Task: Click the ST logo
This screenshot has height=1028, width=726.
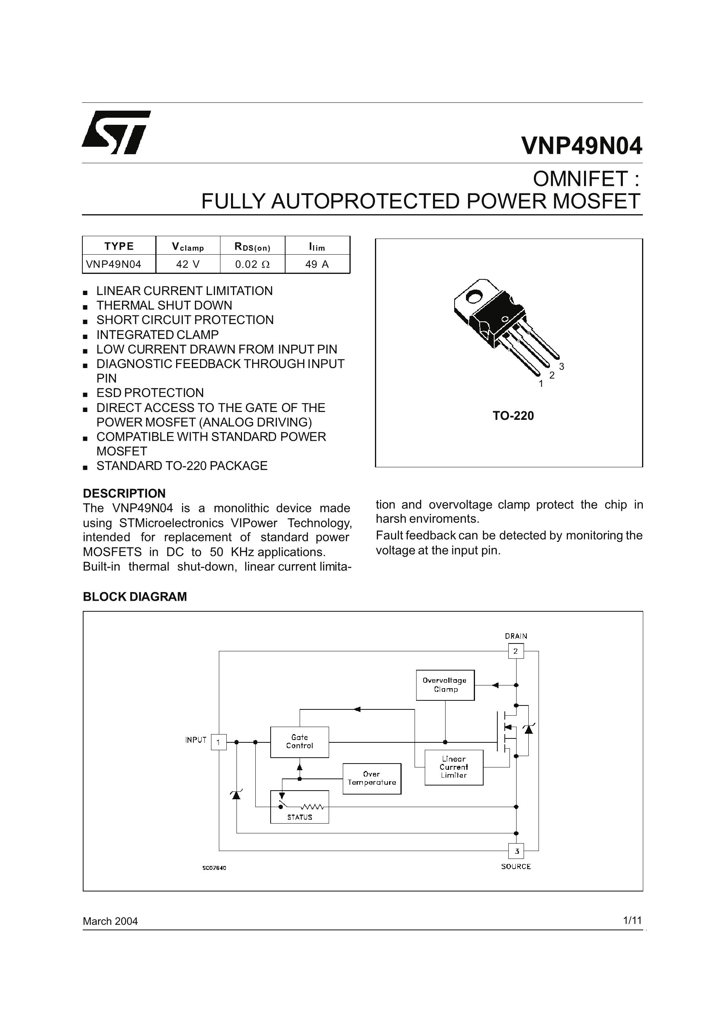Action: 116,132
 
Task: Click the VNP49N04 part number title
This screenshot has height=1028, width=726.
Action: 581,146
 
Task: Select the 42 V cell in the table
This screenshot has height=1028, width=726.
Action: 188,264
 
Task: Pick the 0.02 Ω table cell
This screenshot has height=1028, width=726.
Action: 253,264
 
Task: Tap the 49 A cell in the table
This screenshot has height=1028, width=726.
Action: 317,264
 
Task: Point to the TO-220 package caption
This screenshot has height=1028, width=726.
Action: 513,416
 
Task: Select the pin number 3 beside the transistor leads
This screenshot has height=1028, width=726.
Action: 562,366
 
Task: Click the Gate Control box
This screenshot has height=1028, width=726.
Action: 299,742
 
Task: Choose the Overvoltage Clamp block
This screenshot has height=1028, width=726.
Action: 445,685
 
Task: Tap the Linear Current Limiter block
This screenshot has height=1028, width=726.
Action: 453,767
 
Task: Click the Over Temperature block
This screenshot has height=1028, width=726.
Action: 371,778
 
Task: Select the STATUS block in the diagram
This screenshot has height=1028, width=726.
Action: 299,806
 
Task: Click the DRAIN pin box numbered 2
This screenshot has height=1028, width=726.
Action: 516,651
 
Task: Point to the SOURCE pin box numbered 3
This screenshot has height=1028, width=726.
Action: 516,851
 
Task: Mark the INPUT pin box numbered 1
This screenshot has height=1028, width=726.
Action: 218,742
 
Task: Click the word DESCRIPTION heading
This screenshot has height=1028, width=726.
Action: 124,494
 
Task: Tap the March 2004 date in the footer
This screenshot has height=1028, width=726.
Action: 110,921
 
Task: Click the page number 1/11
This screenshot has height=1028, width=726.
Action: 632,920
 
